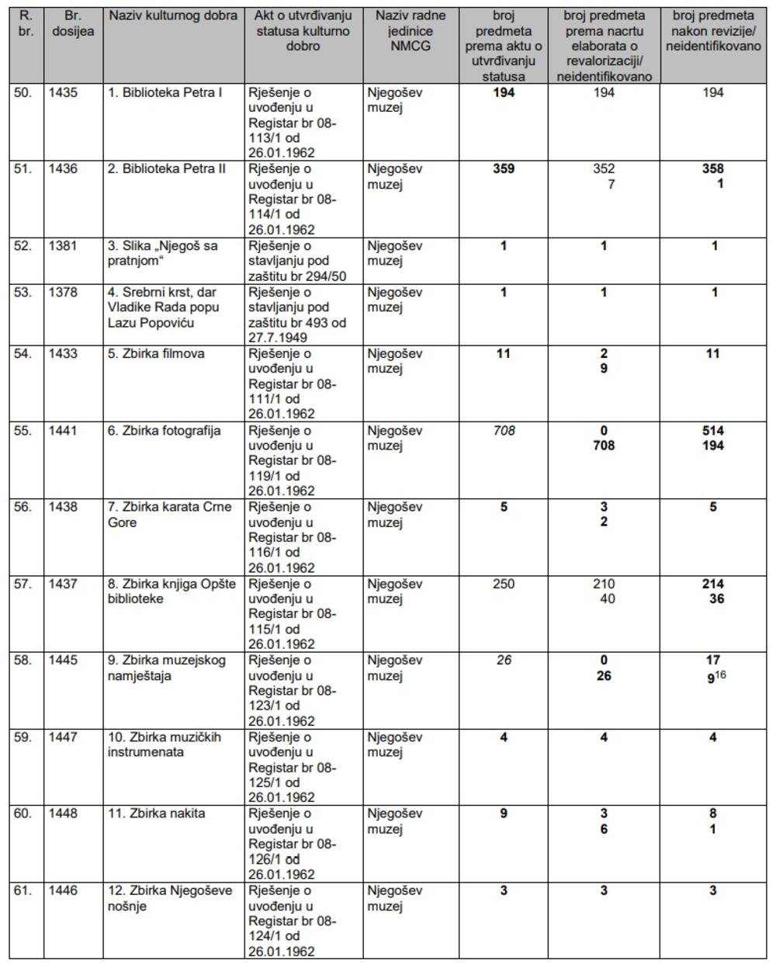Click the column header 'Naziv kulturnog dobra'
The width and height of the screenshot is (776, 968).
pyautogui.click(x=173, y=16)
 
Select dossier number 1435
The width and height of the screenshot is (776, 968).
pyautogui.click(x=64, y=92)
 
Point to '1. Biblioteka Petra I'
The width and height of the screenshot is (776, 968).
pyautogui.click(x=165, y=92)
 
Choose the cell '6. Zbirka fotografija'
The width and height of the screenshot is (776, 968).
pyautogui.click(x=164, y=431)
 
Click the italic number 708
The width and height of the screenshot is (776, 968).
pyautogui.click(x=504, y=431)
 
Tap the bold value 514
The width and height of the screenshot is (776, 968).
pyautogui.click(x=712, y=431)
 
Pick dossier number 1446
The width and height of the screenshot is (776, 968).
pyautogui.click(x=64, y=890)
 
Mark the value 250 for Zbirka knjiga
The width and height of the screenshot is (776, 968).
pyautogui.click(x=504, y=584)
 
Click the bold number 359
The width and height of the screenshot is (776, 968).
pyautogui.click(x=504, y=169)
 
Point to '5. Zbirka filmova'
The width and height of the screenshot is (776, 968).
pyautogui.click(x=156, y=354)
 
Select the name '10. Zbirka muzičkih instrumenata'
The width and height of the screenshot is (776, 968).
pyautogui.click(x=165, y=744)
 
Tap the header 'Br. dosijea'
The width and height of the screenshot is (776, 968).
pyautogui.click(x=72, y=23)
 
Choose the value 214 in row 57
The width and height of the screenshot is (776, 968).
pyautogui.click(x=712, y=584)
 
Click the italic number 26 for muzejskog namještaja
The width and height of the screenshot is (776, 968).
pyautogui.click(x=504, y=661)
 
